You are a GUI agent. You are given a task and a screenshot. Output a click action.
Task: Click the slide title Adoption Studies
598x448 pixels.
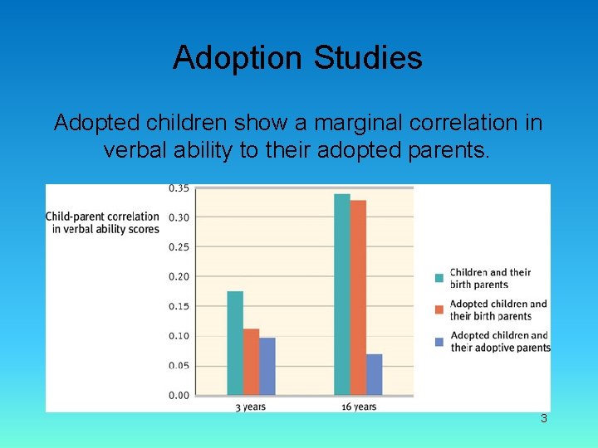[297, 58]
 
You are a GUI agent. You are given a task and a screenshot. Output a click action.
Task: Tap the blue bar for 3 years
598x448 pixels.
[267, 366]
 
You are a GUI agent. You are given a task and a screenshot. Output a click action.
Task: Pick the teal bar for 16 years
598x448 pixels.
[341, 295]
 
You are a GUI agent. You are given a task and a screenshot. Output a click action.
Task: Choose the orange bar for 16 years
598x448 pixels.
[358, 298]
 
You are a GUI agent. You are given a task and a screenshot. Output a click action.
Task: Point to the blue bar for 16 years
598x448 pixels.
[374, 374]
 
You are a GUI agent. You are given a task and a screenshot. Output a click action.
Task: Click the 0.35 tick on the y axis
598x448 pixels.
[179, 188]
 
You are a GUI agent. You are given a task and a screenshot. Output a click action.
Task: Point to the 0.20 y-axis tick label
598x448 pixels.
[179, 276]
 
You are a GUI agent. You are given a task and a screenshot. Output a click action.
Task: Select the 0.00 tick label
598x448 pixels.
[179, 396]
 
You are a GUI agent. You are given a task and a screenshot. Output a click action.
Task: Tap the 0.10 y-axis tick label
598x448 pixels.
[179, 336]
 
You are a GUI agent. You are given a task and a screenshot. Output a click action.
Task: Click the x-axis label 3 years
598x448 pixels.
[251, 407]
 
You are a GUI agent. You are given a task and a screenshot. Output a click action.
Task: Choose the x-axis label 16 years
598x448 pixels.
[358, 407]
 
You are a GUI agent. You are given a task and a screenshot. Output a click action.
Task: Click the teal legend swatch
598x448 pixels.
[439, 278]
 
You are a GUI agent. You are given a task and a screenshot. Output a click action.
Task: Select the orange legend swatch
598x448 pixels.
[439, 309]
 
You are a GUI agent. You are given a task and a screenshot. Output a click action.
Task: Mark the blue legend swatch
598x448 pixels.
[439, 341]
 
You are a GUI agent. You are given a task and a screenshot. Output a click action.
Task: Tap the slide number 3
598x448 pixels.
[544, 419]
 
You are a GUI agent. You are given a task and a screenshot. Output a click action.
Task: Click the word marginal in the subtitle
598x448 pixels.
[351, 123]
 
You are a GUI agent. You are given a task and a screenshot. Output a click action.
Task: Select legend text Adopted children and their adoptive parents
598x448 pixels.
[499, 342]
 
